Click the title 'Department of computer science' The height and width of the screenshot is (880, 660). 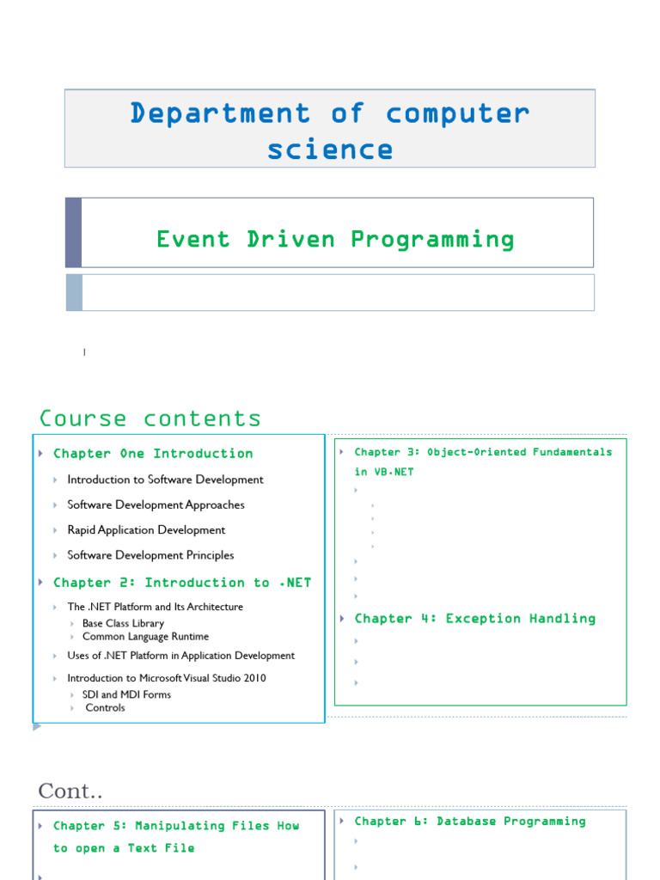(x=330, y=130)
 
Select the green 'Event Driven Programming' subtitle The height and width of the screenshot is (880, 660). (x=335, y=239)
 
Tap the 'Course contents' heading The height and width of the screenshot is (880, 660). (x=150, y=419)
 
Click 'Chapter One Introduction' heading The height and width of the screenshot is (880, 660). (x=153, y=454)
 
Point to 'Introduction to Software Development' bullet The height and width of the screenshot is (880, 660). (x=165, y=480)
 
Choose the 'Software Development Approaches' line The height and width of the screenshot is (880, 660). (x=156, y=504)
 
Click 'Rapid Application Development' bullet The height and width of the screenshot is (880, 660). (x=146, y=530)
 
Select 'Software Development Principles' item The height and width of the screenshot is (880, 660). (x=150, y=555)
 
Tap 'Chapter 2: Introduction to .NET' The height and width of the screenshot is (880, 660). (x=182, y=583)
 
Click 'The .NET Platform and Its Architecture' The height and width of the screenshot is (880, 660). (x=155, y=607)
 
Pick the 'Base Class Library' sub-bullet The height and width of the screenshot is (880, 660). (x=123, y=623)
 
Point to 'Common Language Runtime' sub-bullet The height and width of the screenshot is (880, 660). (x=145, y=637)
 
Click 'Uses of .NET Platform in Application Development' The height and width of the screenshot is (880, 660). (x=180, y=656)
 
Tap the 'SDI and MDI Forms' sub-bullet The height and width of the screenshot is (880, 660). (x=126, y=694)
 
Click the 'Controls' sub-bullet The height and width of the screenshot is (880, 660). (x=105, y=708)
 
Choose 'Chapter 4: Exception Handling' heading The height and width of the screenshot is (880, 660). (x=474, y=619)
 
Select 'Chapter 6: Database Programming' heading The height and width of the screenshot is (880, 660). (x=469, y=822)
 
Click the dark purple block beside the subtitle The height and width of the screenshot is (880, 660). (x=74, y=232)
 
